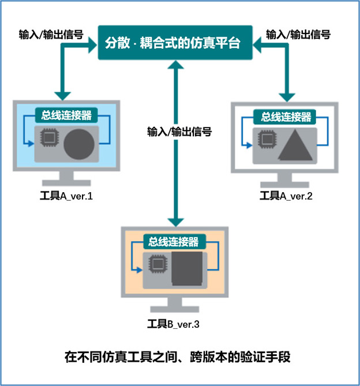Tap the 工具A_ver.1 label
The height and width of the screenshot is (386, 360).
64,196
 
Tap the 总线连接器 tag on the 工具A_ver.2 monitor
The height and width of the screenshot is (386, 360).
286,117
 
